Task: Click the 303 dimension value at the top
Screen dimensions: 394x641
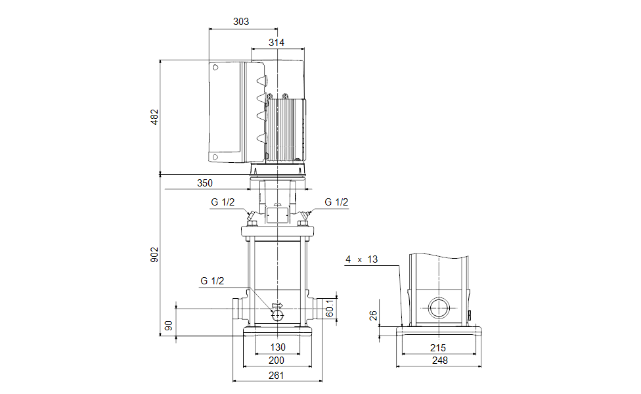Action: pos(241,22)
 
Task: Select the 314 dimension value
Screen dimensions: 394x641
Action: pos(276,42)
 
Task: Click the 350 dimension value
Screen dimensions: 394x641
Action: pos(204,183)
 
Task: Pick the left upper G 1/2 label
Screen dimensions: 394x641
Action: pos(222,202)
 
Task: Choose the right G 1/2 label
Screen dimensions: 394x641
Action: pos(336,202)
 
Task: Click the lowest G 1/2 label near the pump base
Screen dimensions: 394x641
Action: pos(212,281)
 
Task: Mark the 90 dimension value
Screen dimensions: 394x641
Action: pos(169,326)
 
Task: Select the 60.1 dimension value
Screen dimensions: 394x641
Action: pos(331,307)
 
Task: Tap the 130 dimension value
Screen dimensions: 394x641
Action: pos(278,347)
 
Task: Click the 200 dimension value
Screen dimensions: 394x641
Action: pos(277,361)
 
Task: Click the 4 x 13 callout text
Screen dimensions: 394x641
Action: pos(362,259)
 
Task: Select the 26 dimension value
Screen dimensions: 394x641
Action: pos(372,317)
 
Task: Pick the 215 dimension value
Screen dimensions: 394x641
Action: pos(437,347)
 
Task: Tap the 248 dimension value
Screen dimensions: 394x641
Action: pos(437,361)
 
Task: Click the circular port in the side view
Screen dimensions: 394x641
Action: pos(438,307)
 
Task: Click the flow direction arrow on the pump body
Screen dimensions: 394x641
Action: pos(276,305)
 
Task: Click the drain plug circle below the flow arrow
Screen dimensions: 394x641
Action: pos(278,316)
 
